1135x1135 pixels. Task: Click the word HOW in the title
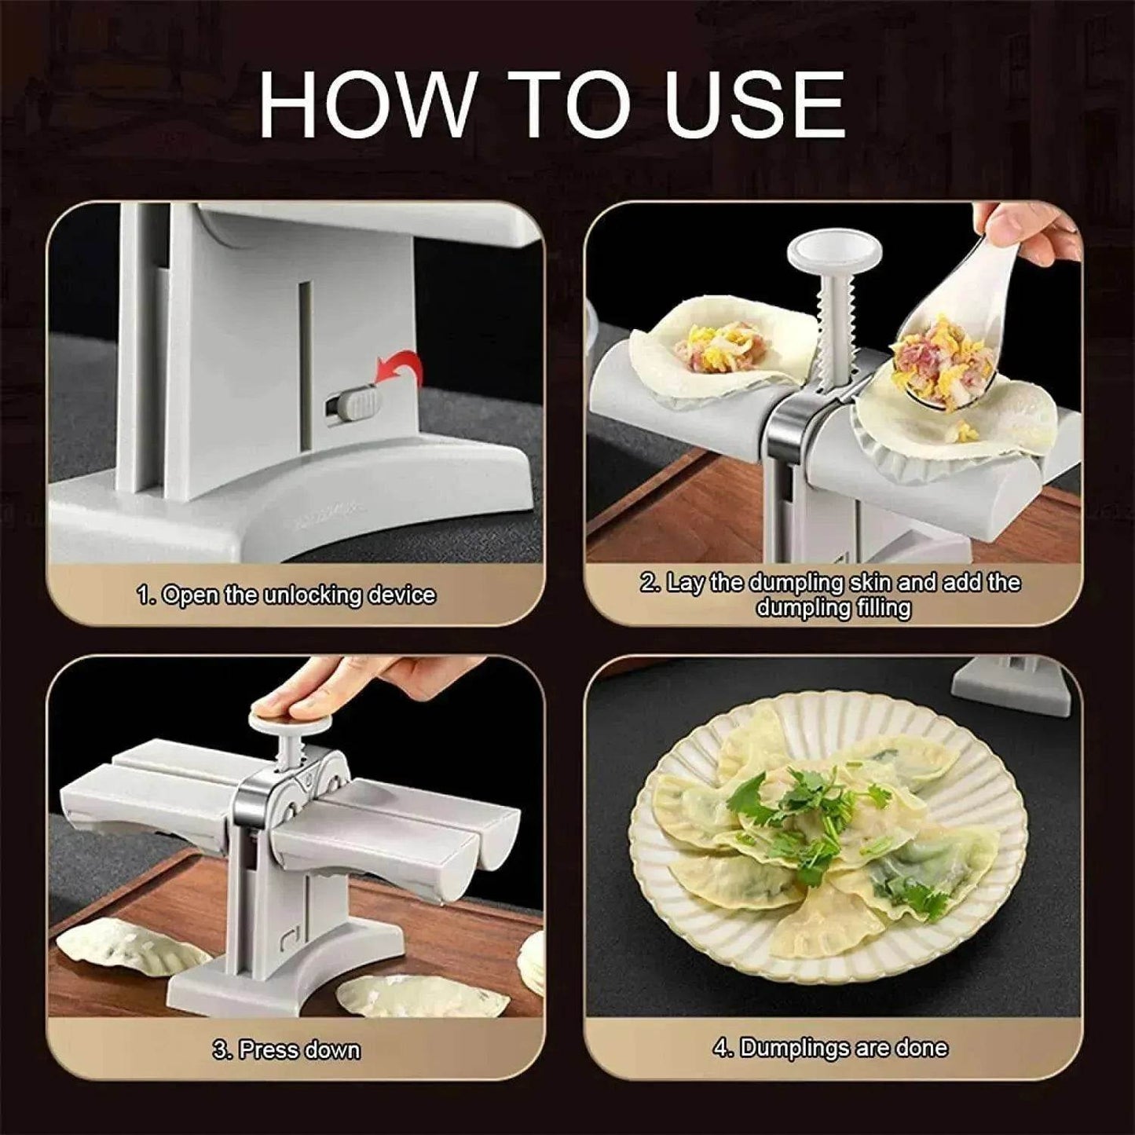(366, 105)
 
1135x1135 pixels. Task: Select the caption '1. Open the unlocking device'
(286, 595)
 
